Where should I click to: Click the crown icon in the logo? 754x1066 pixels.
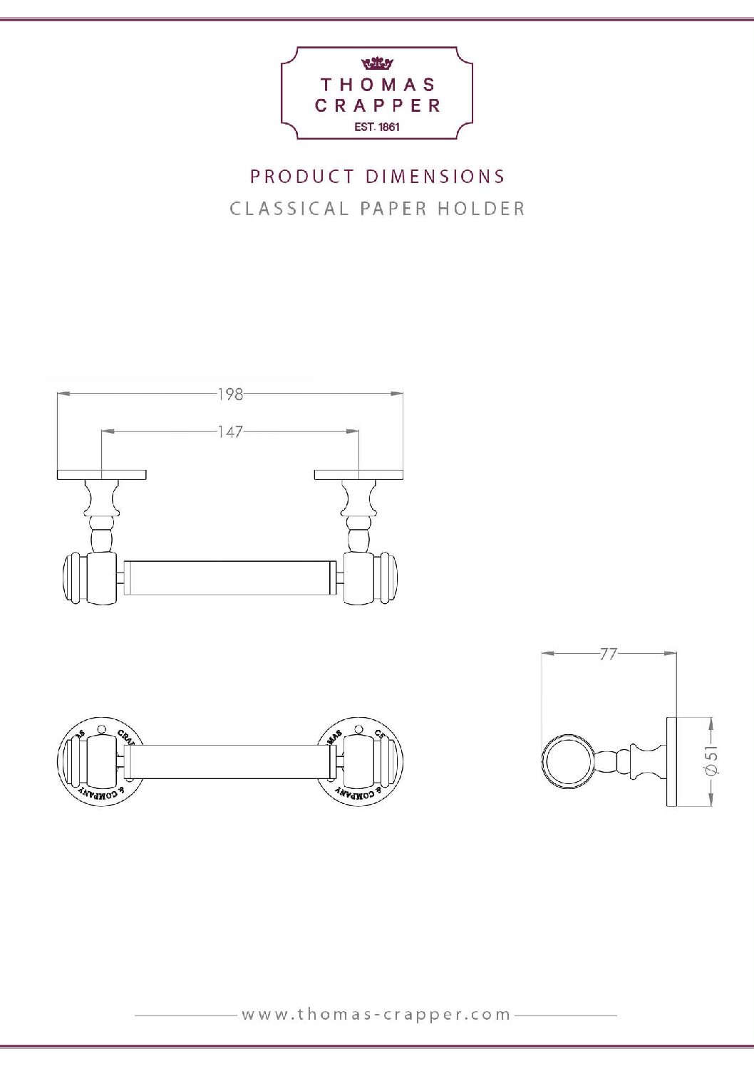[x=377, y=63]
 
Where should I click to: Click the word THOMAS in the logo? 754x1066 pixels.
[x=377, y=85]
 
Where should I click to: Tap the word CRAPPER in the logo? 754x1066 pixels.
[x=377, y=105]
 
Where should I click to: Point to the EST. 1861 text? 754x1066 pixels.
[x=377, y=127]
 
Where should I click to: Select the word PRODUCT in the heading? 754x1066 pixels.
[x=302, y=177]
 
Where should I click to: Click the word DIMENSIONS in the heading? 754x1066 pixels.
[x=435, y=177]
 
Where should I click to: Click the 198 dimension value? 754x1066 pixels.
[x=230, y=394]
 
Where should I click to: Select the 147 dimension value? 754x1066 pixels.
[x=230, y=432]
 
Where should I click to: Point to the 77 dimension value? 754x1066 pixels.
[x=608, y=654]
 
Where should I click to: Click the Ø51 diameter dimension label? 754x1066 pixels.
[x=711, y=761]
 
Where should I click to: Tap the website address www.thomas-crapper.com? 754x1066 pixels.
[x=376, y=1014]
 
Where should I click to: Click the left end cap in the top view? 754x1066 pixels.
[x=73, y=578]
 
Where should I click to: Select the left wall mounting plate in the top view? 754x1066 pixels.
[x=101, y=474]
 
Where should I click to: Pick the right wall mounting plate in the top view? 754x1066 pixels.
[x=358, y=474]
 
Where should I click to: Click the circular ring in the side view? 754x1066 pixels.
[x=567, y=761]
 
